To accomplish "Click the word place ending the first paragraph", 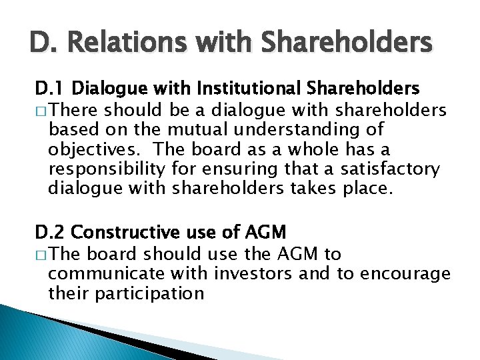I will point(366,190).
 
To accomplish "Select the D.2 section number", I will point(51,232).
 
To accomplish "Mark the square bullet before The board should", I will point(41,254).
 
